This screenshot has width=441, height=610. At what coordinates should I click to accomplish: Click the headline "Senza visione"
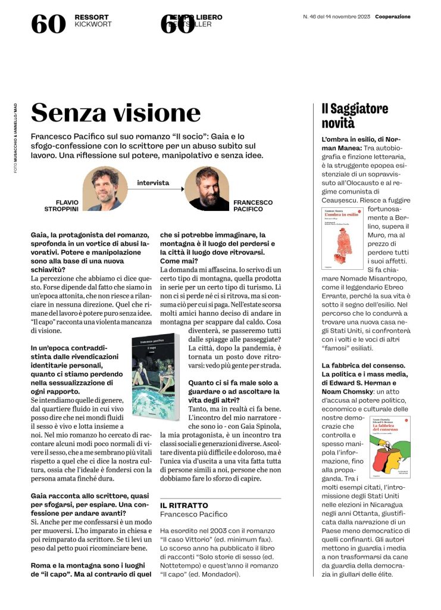point(116,113)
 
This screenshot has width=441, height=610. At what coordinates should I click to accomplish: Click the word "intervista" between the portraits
point(153,182)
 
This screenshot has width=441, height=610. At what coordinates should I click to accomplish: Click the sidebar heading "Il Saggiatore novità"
point(355,116)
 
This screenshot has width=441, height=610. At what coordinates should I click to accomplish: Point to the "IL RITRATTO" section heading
point(184,505)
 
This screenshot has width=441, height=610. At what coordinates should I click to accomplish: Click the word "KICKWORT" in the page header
point(93,25)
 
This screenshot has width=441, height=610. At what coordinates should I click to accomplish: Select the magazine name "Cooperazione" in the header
point(393,17)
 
